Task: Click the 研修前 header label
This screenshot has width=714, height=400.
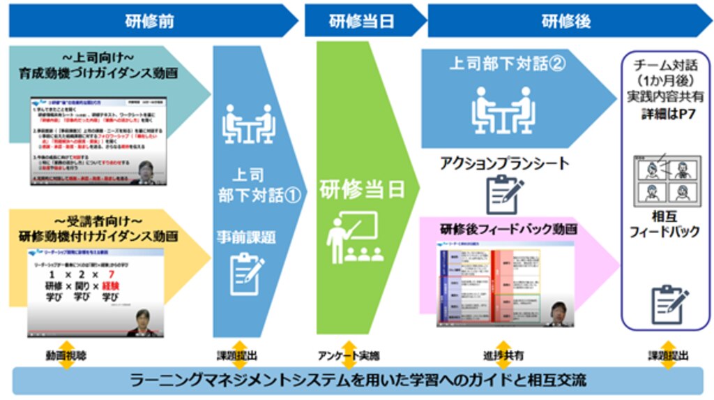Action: [x=149, y=20]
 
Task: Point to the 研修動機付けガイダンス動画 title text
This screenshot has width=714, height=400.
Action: [x=98, y=235]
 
